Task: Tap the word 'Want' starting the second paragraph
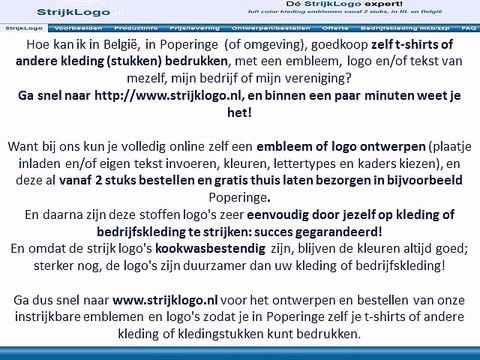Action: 23,147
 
